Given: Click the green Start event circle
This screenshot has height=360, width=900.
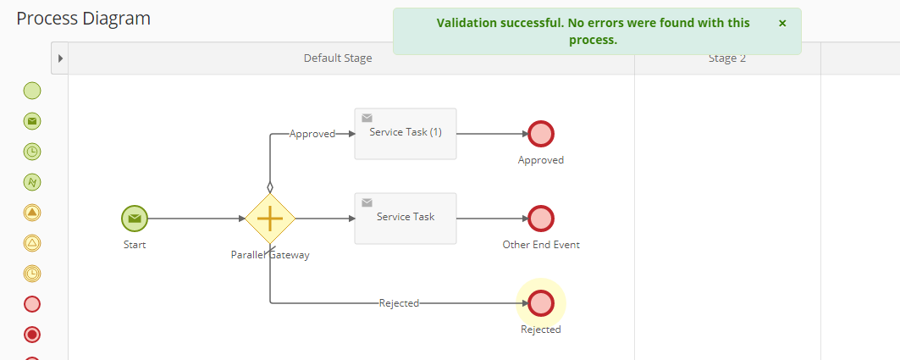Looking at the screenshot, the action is pos(135,219).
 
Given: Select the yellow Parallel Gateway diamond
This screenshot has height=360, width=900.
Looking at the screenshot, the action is pos(270,219).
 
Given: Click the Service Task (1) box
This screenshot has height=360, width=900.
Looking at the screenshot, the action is pos(406,134).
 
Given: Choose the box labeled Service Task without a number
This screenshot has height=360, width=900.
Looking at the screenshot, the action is pos(406,219).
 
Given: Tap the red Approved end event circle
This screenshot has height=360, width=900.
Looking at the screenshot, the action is pos(541,134).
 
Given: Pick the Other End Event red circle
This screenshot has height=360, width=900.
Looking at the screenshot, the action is pos(541,219).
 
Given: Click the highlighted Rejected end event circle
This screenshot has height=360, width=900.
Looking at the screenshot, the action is pos(541,303).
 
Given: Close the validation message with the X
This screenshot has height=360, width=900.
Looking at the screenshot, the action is pos(782,23).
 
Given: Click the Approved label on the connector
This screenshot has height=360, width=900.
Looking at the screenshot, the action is pos(312,134).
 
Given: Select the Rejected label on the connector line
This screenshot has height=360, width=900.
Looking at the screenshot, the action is pos(399,303).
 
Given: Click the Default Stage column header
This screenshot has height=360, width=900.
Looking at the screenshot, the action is pos(338,58).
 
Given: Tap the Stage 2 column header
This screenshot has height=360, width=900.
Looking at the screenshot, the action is pos(727,58).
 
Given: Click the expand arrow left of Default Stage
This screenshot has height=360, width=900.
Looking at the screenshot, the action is pos(60,58).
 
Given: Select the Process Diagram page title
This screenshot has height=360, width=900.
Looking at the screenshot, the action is pos(83,19).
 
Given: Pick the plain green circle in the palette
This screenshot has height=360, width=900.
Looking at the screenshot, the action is pos(32,91).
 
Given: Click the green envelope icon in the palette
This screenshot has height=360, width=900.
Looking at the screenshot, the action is pos(32,121).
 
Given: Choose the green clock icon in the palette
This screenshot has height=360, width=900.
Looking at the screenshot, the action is pos(32,152).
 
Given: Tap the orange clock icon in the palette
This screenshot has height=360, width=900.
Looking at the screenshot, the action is pos(32,274).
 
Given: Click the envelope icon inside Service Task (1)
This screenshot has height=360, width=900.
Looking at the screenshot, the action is pos(367,118).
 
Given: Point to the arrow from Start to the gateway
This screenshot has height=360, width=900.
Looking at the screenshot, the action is pos(197,219).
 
